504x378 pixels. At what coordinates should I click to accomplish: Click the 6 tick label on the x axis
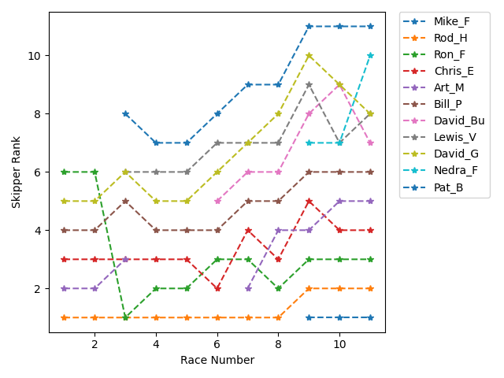coord(217,344)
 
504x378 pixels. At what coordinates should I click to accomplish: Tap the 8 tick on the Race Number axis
coord(279,344)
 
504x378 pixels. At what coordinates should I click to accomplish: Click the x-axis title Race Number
coord(217,360)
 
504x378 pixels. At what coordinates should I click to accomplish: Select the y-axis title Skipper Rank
coord(17,172)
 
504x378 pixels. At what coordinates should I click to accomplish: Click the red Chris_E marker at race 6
coord(217,288)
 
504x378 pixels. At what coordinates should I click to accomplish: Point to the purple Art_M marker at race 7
coord(248,288)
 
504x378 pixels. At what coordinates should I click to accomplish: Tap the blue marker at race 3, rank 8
coord(125,113)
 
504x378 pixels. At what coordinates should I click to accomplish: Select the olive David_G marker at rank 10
coord(309,55)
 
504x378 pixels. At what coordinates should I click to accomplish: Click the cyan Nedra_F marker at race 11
coord(371,55)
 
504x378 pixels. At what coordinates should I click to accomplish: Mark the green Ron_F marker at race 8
coord(279,288)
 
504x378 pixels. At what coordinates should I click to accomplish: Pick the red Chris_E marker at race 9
coord(309,201)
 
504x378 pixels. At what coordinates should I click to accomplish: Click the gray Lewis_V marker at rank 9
coord(309,84)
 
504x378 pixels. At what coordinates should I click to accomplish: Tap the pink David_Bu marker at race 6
coord(217,201)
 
